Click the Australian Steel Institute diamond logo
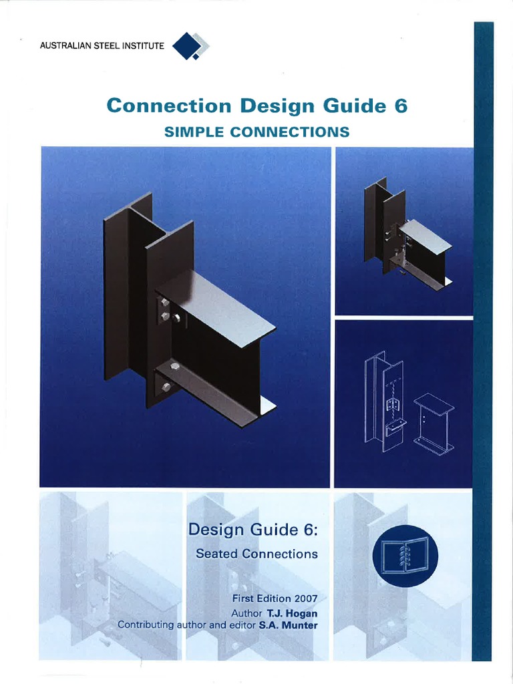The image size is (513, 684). pos(191,47)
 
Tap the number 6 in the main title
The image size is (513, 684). pos(401,106)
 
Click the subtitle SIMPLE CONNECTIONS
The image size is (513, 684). pos(256,132)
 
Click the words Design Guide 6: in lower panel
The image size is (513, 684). pos(253,530)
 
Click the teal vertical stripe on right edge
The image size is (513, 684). pos(482,334)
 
